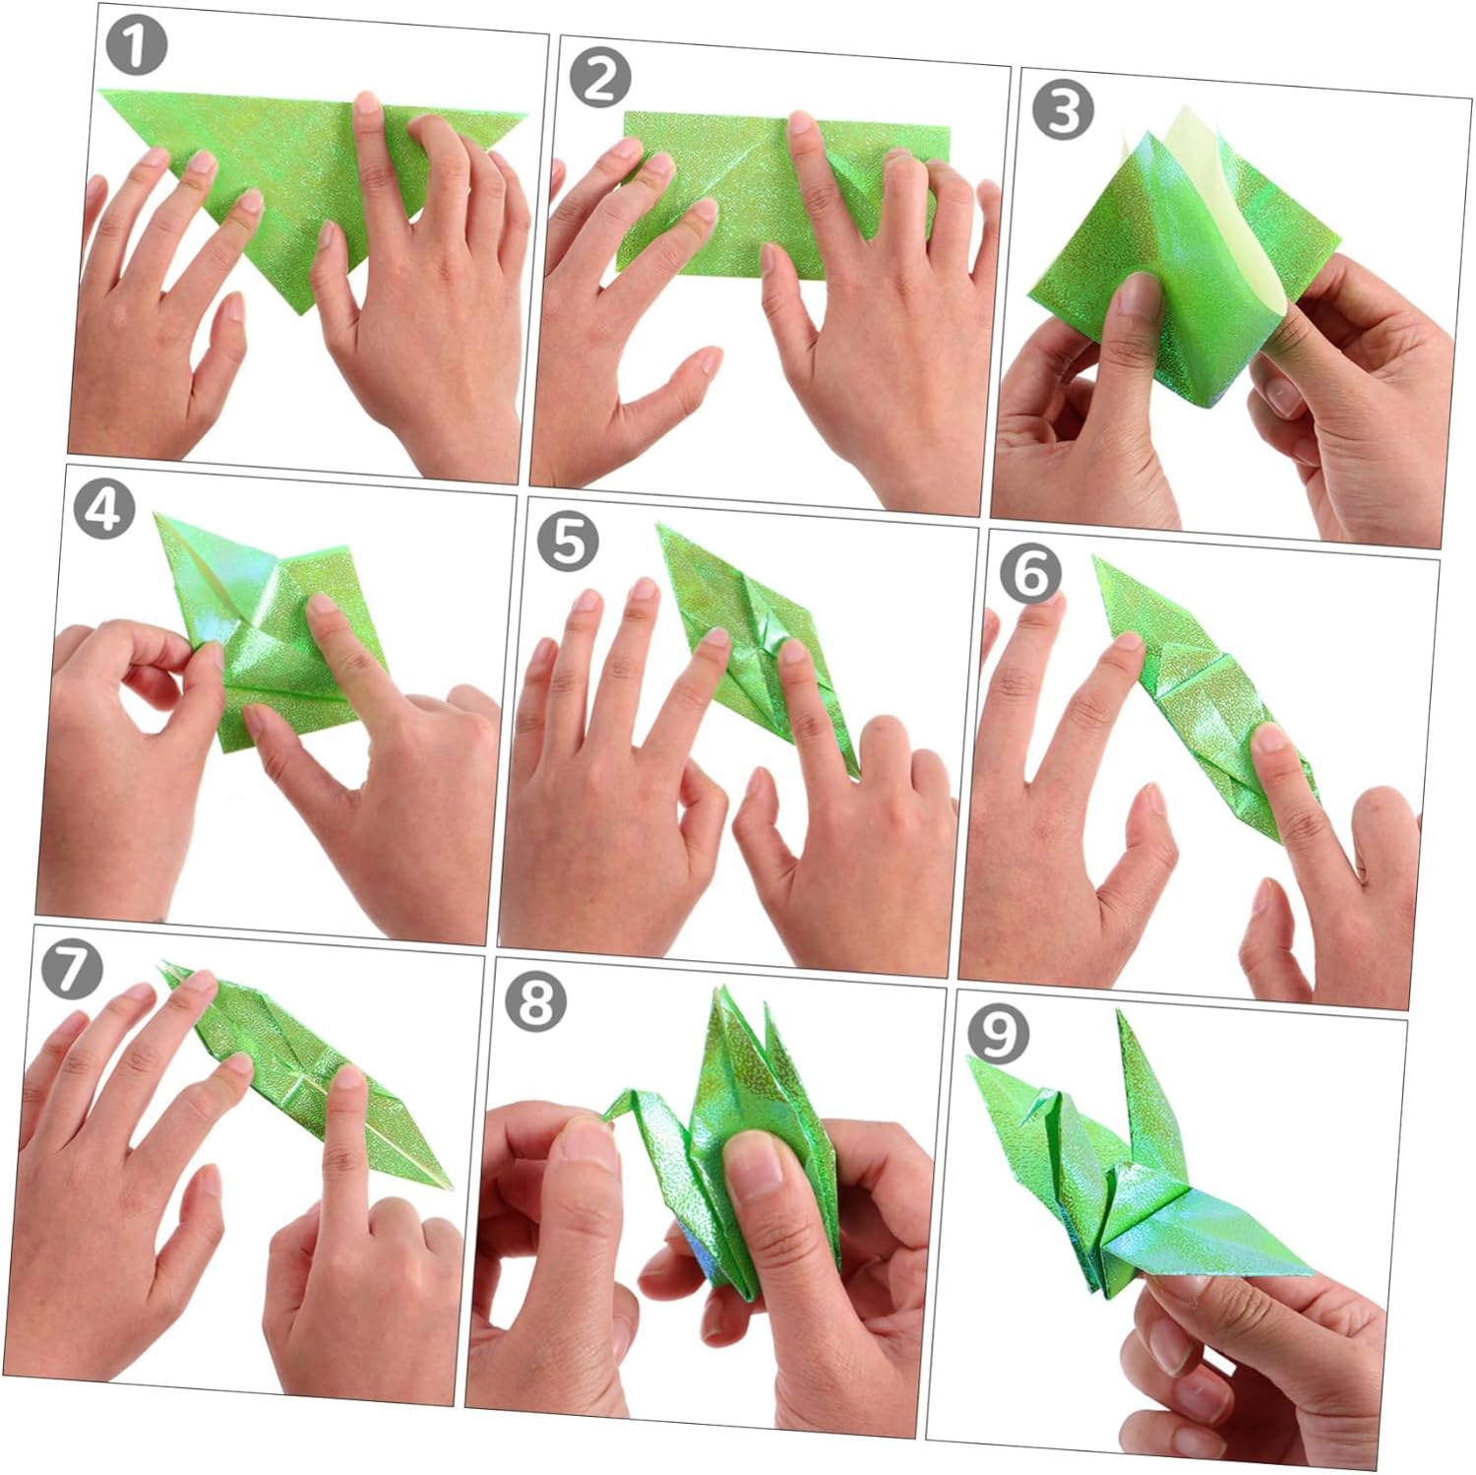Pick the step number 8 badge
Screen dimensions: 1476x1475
(536, 1001)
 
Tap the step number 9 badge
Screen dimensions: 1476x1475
(999, 1033)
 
